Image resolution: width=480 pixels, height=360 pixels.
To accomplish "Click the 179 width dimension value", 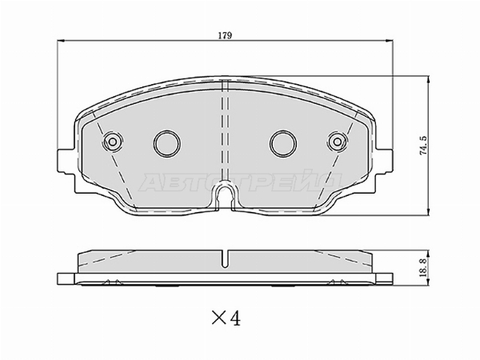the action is coord(225,35).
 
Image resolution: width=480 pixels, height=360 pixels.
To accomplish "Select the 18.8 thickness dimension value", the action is coord(424,268).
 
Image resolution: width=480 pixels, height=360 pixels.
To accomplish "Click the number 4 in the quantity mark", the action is coord(235,318).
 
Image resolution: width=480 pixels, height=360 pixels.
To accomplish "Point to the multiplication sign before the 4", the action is coord(219,318).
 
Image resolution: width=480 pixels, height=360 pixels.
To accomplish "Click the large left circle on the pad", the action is coord(167,143).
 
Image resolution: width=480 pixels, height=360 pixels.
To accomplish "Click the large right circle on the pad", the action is coord(283,143).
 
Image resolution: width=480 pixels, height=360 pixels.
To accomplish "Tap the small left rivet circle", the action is coord(113,142).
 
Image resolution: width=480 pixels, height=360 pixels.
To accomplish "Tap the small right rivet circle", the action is coord(337,142).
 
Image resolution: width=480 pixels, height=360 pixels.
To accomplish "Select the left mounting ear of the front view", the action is coord(66,162).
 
